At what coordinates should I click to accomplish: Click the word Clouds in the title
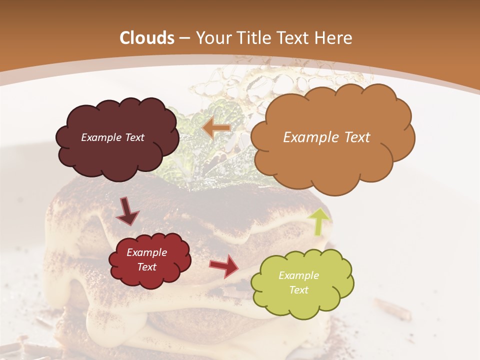(147, 38)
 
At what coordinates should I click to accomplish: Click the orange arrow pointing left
(216, 128)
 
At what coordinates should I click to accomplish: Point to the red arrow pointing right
(224, 266)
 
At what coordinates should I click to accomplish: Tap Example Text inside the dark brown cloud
(112, 137)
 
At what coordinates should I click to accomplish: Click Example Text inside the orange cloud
(326, 137)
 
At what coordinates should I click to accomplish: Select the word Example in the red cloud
(146, 252)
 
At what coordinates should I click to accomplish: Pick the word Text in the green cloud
(299, 290)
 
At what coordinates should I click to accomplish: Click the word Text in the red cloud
(146, 267)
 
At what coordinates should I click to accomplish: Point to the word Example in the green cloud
(298, 275)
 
